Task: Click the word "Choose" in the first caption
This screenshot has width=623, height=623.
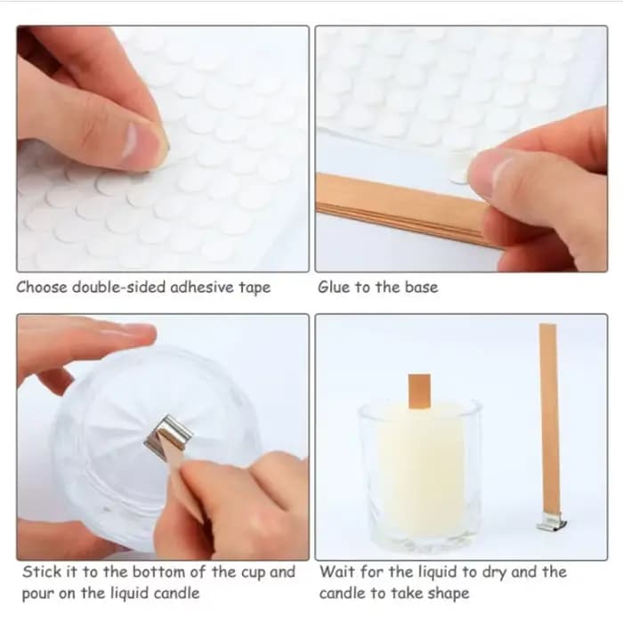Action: pyautogui.click(x=42, y=287)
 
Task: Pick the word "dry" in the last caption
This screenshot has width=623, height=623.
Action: pyautogui.click(x=494, y=572)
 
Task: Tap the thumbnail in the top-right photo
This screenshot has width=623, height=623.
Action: pyautogui.click(x=501, y=174)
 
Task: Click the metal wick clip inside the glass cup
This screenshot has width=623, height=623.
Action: pyautogui.click(x=169, y=438)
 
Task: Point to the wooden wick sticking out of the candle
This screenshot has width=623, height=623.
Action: pyautogui.click(x=419, y=392)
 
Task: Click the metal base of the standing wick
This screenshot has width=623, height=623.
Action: pyautogui.click(x=552, y=523)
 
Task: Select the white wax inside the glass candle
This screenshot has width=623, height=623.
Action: pyautogui.click(x=421, y=465)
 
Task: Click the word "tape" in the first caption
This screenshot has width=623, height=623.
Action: pyautogui.click(x=255, y=287)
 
